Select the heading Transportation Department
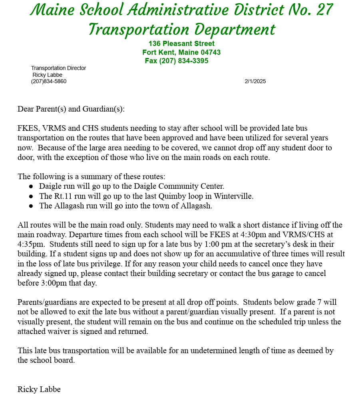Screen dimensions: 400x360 click(x=181, y=30)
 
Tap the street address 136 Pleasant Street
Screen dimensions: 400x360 click(x=181, y=44)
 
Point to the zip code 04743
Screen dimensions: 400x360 click(x=211, y=52)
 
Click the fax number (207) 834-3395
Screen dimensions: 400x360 click(x=184, y=61)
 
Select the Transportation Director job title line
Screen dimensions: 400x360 click(x=58, y=68)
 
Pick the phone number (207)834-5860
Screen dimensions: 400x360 click(x=49, y=82)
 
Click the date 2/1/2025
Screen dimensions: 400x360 click(x=255, y=82)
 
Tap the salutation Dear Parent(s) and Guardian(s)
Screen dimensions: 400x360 click(x=71, y=109)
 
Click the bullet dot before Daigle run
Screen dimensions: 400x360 click(x=31, y=186)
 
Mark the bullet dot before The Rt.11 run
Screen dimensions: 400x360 click(x=31, y=196)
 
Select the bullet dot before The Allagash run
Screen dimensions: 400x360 click(x=31, y=206)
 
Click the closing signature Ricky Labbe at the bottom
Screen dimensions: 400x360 click(x=39, y=389)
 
